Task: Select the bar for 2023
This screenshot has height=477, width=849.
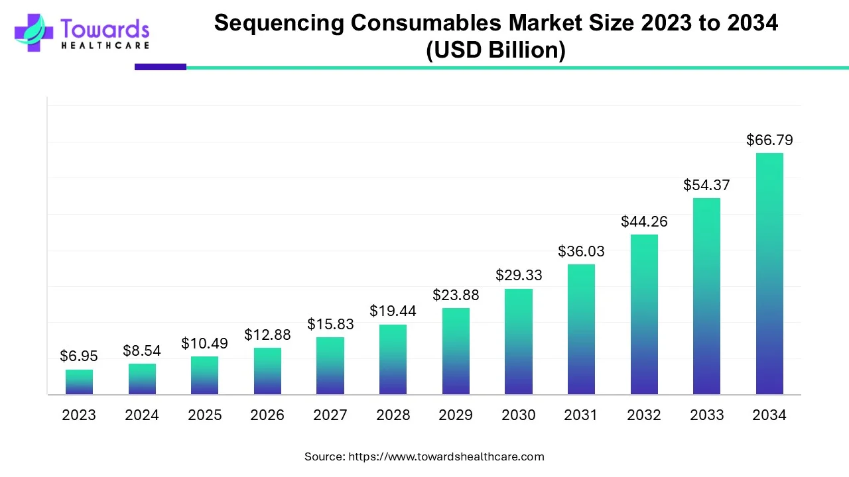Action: click(x=79, y=382)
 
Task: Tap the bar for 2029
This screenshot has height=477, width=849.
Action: click(x=456, y=351)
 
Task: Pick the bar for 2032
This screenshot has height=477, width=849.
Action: click(x=644, y=315)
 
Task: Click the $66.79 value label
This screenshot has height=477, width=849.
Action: click(x=769, y=140)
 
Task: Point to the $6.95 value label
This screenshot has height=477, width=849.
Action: click(x=78, y=356)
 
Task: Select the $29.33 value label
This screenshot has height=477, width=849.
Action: click(x=519, y=276)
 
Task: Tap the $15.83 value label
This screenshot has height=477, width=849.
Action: click(x=330, y=325)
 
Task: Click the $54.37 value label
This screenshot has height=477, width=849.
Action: click(x=706, y=185)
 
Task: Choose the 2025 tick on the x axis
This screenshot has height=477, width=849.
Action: click(x=204, y=415)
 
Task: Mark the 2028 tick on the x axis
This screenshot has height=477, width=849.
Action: click(x=393, y=415)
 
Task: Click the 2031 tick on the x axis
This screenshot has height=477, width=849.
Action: click(x=581, y=415)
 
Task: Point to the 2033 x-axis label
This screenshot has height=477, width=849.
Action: click(x=706, y=415)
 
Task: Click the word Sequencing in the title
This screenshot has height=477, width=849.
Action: click(x=279, y=23)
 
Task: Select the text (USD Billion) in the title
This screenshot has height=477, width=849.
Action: click(x=495, y=51)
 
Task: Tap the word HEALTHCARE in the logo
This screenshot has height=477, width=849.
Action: click(x=105, y=46)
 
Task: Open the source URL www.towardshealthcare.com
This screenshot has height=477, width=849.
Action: click(x=446, y=456)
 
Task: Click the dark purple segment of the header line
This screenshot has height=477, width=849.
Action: click(x=161, y=67)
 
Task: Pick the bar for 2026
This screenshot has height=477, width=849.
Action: click(x=267, y=371)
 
